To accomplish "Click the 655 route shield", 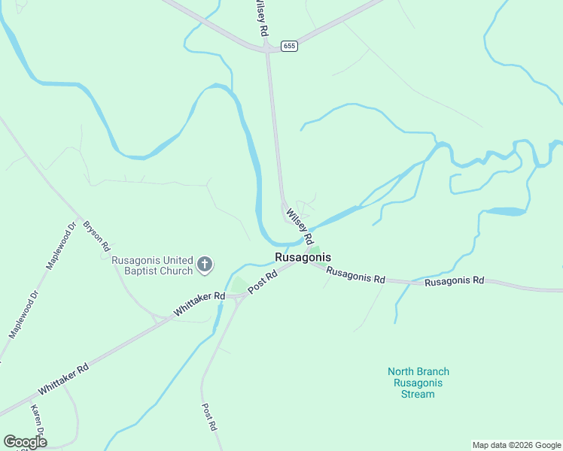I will tap(290, 46).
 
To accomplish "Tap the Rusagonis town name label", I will tap(303, 257).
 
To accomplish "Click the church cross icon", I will tap(205, 264).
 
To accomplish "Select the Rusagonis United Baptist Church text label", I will tap(152, 265).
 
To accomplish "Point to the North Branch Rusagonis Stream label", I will tap(418, 383).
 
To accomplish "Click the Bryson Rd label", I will tap(97, 235).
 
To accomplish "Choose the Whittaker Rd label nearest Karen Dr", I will tap(63, 379).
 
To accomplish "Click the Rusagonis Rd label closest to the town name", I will tap(356, 277).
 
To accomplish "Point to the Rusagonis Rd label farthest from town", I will tap(454, 281).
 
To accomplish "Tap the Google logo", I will tap(25, 442).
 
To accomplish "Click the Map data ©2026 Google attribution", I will tap(517, 445).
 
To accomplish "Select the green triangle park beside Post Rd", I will tap(239, 286).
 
